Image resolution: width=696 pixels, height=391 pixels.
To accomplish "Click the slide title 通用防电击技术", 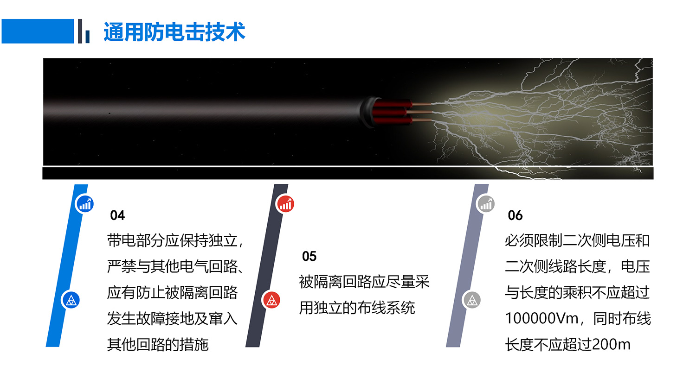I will [x=174, y=32].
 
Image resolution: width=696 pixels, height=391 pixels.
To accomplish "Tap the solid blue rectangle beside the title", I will [x=38, y=31].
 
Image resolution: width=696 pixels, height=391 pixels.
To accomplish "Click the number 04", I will [x=117, y=215].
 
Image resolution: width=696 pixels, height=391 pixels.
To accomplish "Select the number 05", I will [x=309, y=256].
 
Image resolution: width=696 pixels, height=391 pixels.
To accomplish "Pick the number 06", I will [x=515, y=215].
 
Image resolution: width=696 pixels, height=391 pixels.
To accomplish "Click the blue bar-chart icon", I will [x=85, y=204].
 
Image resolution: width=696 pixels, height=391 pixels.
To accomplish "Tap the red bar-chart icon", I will [x=285, y=204].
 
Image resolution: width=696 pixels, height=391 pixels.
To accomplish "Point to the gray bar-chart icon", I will [x=486, y=204].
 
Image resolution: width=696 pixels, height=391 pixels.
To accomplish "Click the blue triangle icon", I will [x=71, y=300].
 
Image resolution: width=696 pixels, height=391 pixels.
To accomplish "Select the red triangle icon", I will [x=271, y=300].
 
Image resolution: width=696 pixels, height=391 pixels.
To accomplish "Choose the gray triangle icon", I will [x=472, y=300].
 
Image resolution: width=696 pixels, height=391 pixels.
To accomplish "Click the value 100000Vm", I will [x=541, y=319].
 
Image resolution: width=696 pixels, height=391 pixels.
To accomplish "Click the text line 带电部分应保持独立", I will [x=173, y=240].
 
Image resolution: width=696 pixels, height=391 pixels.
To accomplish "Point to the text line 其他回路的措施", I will [x=158, y=345].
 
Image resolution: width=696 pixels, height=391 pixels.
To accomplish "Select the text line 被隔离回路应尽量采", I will [x=364, y=282].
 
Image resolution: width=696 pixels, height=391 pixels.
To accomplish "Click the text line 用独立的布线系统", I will [x=357, y=308].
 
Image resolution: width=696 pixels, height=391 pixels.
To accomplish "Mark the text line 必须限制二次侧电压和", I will [x=577, y=240].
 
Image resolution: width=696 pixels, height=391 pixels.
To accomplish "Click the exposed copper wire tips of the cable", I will [x=422, y=112].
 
